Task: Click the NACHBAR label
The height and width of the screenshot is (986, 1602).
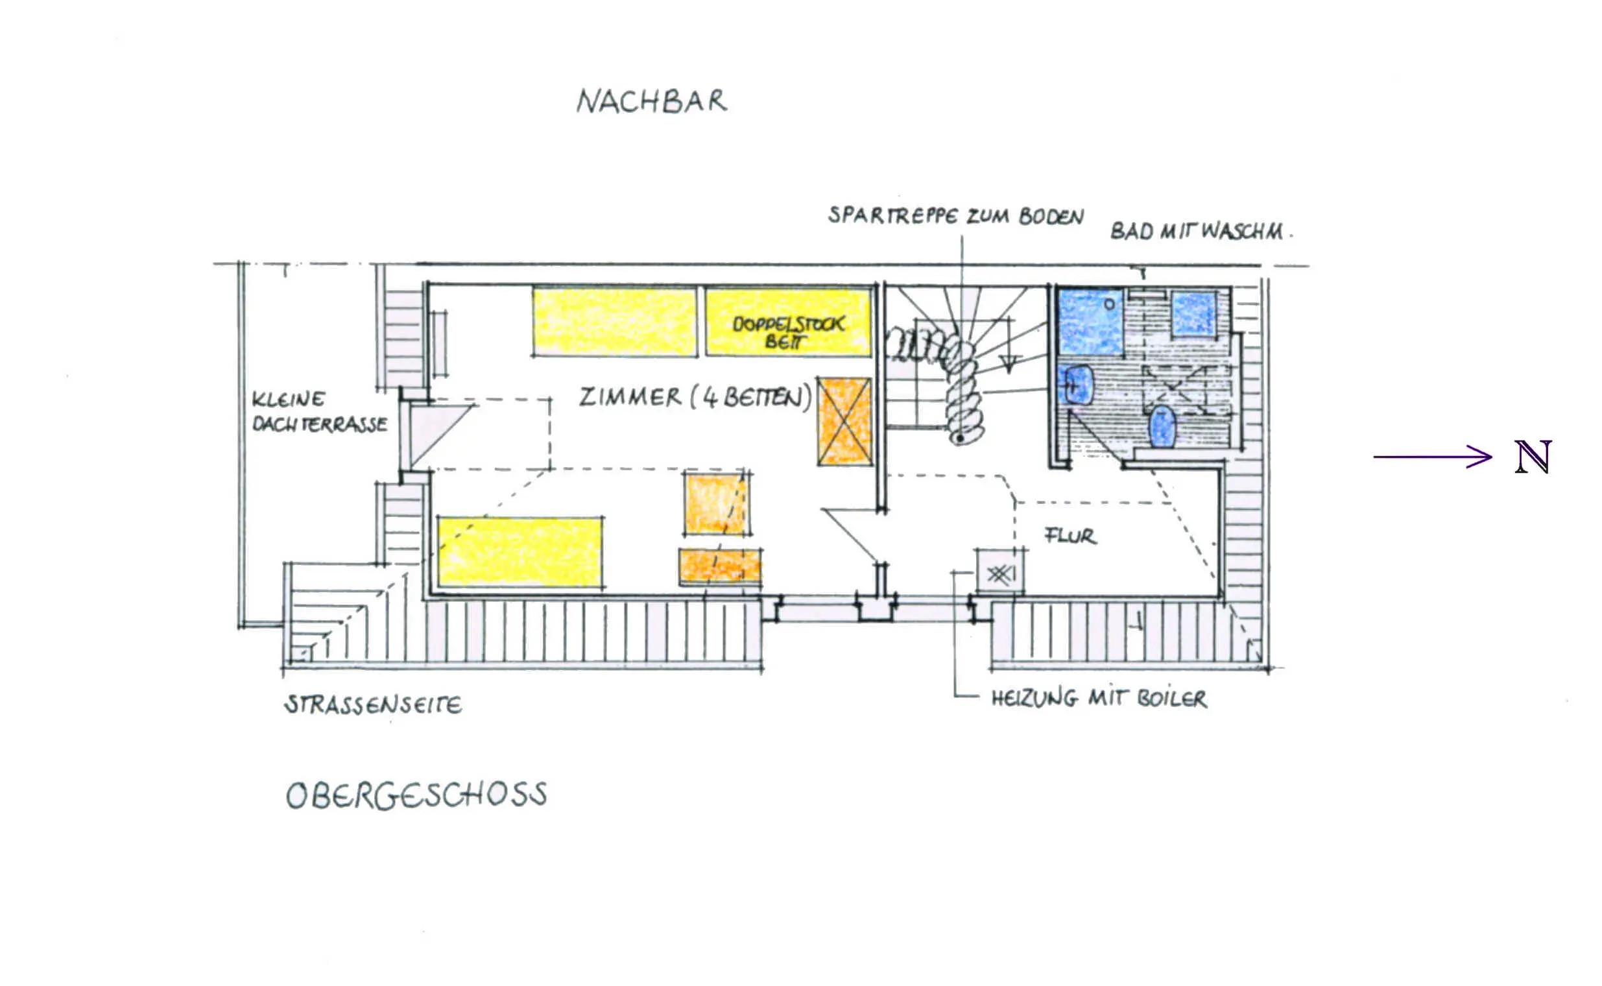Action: point(651,102)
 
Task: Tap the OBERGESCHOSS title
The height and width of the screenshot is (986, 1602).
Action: point(416,795)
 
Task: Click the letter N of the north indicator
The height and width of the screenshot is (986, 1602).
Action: point(1533,457)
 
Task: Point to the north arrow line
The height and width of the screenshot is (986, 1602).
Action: point(1433,457)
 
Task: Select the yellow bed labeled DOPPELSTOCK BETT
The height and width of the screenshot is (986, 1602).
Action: point(787,323)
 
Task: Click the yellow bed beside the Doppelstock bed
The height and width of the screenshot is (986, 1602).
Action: point(614,322)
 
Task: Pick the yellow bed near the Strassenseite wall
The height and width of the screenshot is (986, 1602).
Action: point(520,551)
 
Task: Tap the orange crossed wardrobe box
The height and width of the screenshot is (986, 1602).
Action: point(844,421)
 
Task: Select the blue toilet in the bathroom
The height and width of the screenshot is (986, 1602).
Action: point(1162,426)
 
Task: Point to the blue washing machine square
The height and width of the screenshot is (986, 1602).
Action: point(1194,315)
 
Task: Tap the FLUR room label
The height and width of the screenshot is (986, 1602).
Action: point(1070,535)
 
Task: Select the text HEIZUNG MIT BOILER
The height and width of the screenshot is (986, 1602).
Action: point(1099,699)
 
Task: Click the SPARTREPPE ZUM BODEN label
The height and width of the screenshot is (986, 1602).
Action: point(956,216)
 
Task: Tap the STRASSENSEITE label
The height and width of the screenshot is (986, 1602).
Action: point(374,705)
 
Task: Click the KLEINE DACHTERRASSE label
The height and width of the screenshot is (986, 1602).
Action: point(320,412)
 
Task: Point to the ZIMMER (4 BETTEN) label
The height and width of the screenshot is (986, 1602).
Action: point(696,397)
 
